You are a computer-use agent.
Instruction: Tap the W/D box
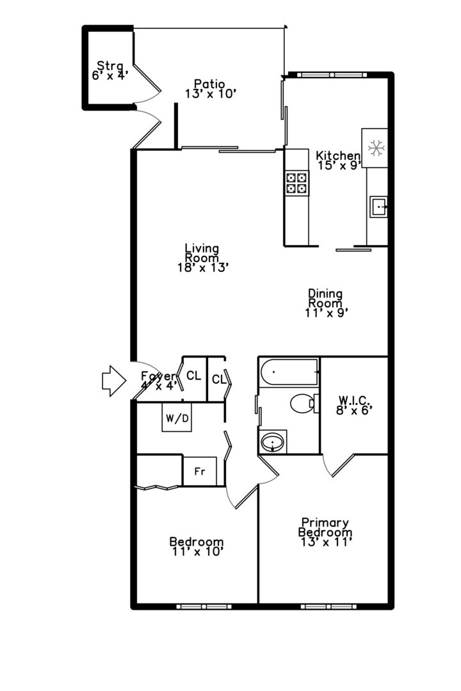tap(177, 419)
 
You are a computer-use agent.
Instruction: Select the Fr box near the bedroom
tap(200, 471)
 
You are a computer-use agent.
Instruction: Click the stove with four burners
tap(296, 184)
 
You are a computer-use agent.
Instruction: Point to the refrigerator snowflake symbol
tap(375, 148)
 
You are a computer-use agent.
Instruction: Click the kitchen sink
tap(378, 207)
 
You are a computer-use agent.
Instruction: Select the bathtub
tap(289, 372)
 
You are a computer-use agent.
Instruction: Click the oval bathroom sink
tap(273, 441)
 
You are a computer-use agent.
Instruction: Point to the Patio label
tap(209, 83)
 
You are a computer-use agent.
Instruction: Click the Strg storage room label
tap(109, 65)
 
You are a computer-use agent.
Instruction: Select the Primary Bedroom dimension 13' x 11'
tap(325, 541)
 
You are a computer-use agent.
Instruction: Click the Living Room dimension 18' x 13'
tap(203, 267)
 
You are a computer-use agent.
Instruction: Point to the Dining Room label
tap(325, 298)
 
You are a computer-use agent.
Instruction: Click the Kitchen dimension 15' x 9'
tap(339, 164)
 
